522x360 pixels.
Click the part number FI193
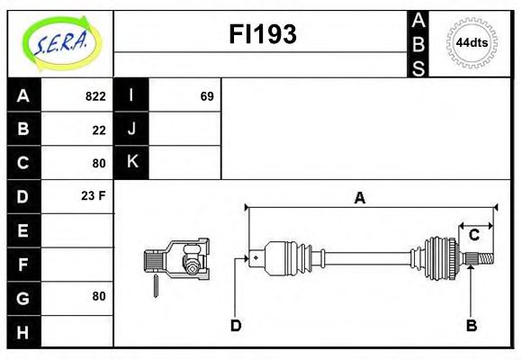[263, 34]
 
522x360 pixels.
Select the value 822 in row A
[94, 96]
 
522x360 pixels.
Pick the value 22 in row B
[98, 130]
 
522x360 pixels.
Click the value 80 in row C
[98, 164]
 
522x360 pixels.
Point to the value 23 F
[94, 195]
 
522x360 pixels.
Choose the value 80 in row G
[98, 296]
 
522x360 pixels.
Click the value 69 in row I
[206, 96]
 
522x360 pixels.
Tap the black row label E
[23, 230]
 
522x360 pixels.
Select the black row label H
[23, 331]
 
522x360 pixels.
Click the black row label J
[132, 129]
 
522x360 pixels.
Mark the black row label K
[132, 162]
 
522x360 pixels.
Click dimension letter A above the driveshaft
[359, 198]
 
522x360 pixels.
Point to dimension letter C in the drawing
[473, 236]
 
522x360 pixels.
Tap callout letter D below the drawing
[236, 325]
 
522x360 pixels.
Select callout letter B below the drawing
[471, 325]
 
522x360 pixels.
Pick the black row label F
[23, 264]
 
